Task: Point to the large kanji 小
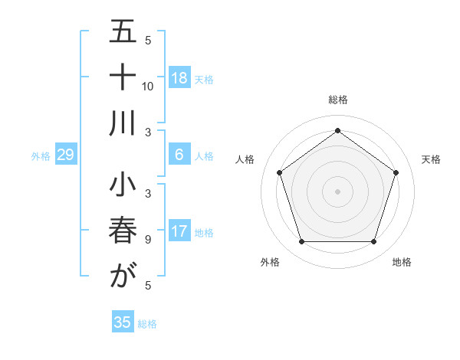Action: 123,187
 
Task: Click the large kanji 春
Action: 123,231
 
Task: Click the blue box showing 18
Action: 179,78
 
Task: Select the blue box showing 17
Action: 179,232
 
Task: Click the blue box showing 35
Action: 123,322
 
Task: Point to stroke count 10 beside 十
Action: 148,86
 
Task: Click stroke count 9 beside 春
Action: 148,239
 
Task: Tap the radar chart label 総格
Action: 337,100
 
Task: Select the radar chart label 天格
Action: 432,159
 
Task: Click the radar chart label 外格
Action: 270,262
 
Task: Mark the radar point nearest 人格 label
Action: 280,172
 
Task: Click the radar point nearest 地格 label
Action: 373,242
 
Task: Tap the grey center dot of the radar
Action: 337,191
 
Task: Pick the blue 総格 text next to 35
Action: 147,323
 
